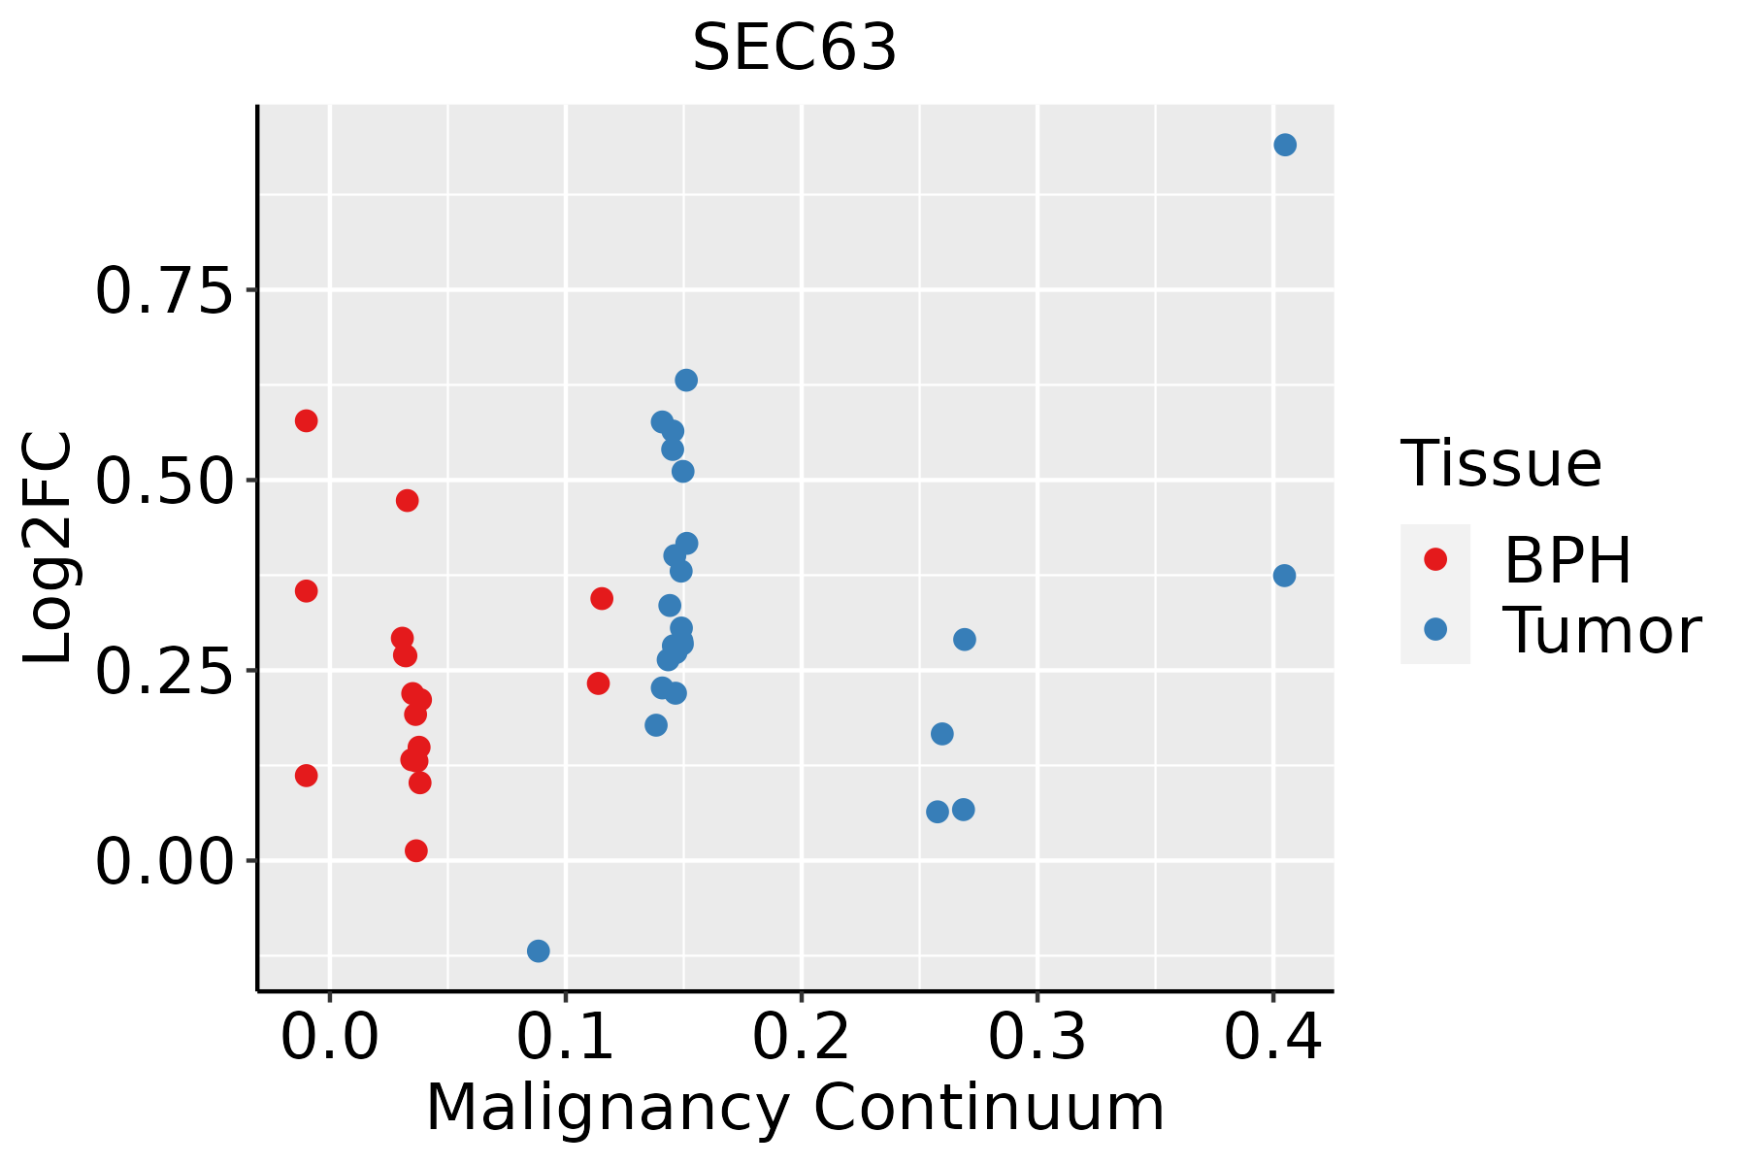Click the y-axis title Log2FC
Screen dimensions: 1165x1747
(49, 549)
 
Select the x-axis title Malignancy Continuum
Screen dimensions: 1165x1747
(794, 1108)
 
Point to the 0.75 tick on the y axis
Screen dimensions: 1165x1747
(164, 290)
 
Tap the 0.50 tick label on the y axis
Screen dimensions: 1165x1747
(164, 481)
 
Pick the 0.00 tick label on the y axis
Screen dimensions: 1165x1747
(164, 861)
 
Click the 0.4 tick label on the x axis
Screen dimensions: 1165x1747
(1272, 1037)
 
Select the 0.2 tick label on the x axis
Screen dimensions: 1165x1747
(801, 1037)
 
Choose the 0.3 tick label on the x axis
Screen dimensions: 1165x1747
(1037, 1037)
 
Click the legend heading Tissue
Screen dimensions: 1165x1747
(1501, 464)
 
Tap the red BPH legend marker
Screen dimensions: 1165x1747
(1434, 559)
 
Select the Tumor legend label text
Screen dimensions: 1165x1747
(1601, 631)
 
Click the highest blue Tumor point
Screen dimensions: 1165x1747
(1284, 146)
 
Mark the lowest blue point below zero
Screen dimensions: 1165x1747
(538, 950)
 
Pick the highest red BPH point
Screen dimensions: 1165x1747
(306, 420)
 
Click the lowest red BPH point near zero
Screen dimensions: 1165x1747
(415, 850)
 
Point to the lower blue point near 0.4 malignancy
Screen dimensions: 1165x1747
(1284, 576)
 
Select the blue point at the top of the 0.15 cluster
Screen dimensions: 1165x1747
(686, 380)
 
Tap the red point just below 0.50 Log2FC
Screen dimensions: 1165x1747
(407, 501)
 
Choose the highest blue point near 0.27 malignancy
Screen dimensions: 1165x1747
(964, 639)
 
